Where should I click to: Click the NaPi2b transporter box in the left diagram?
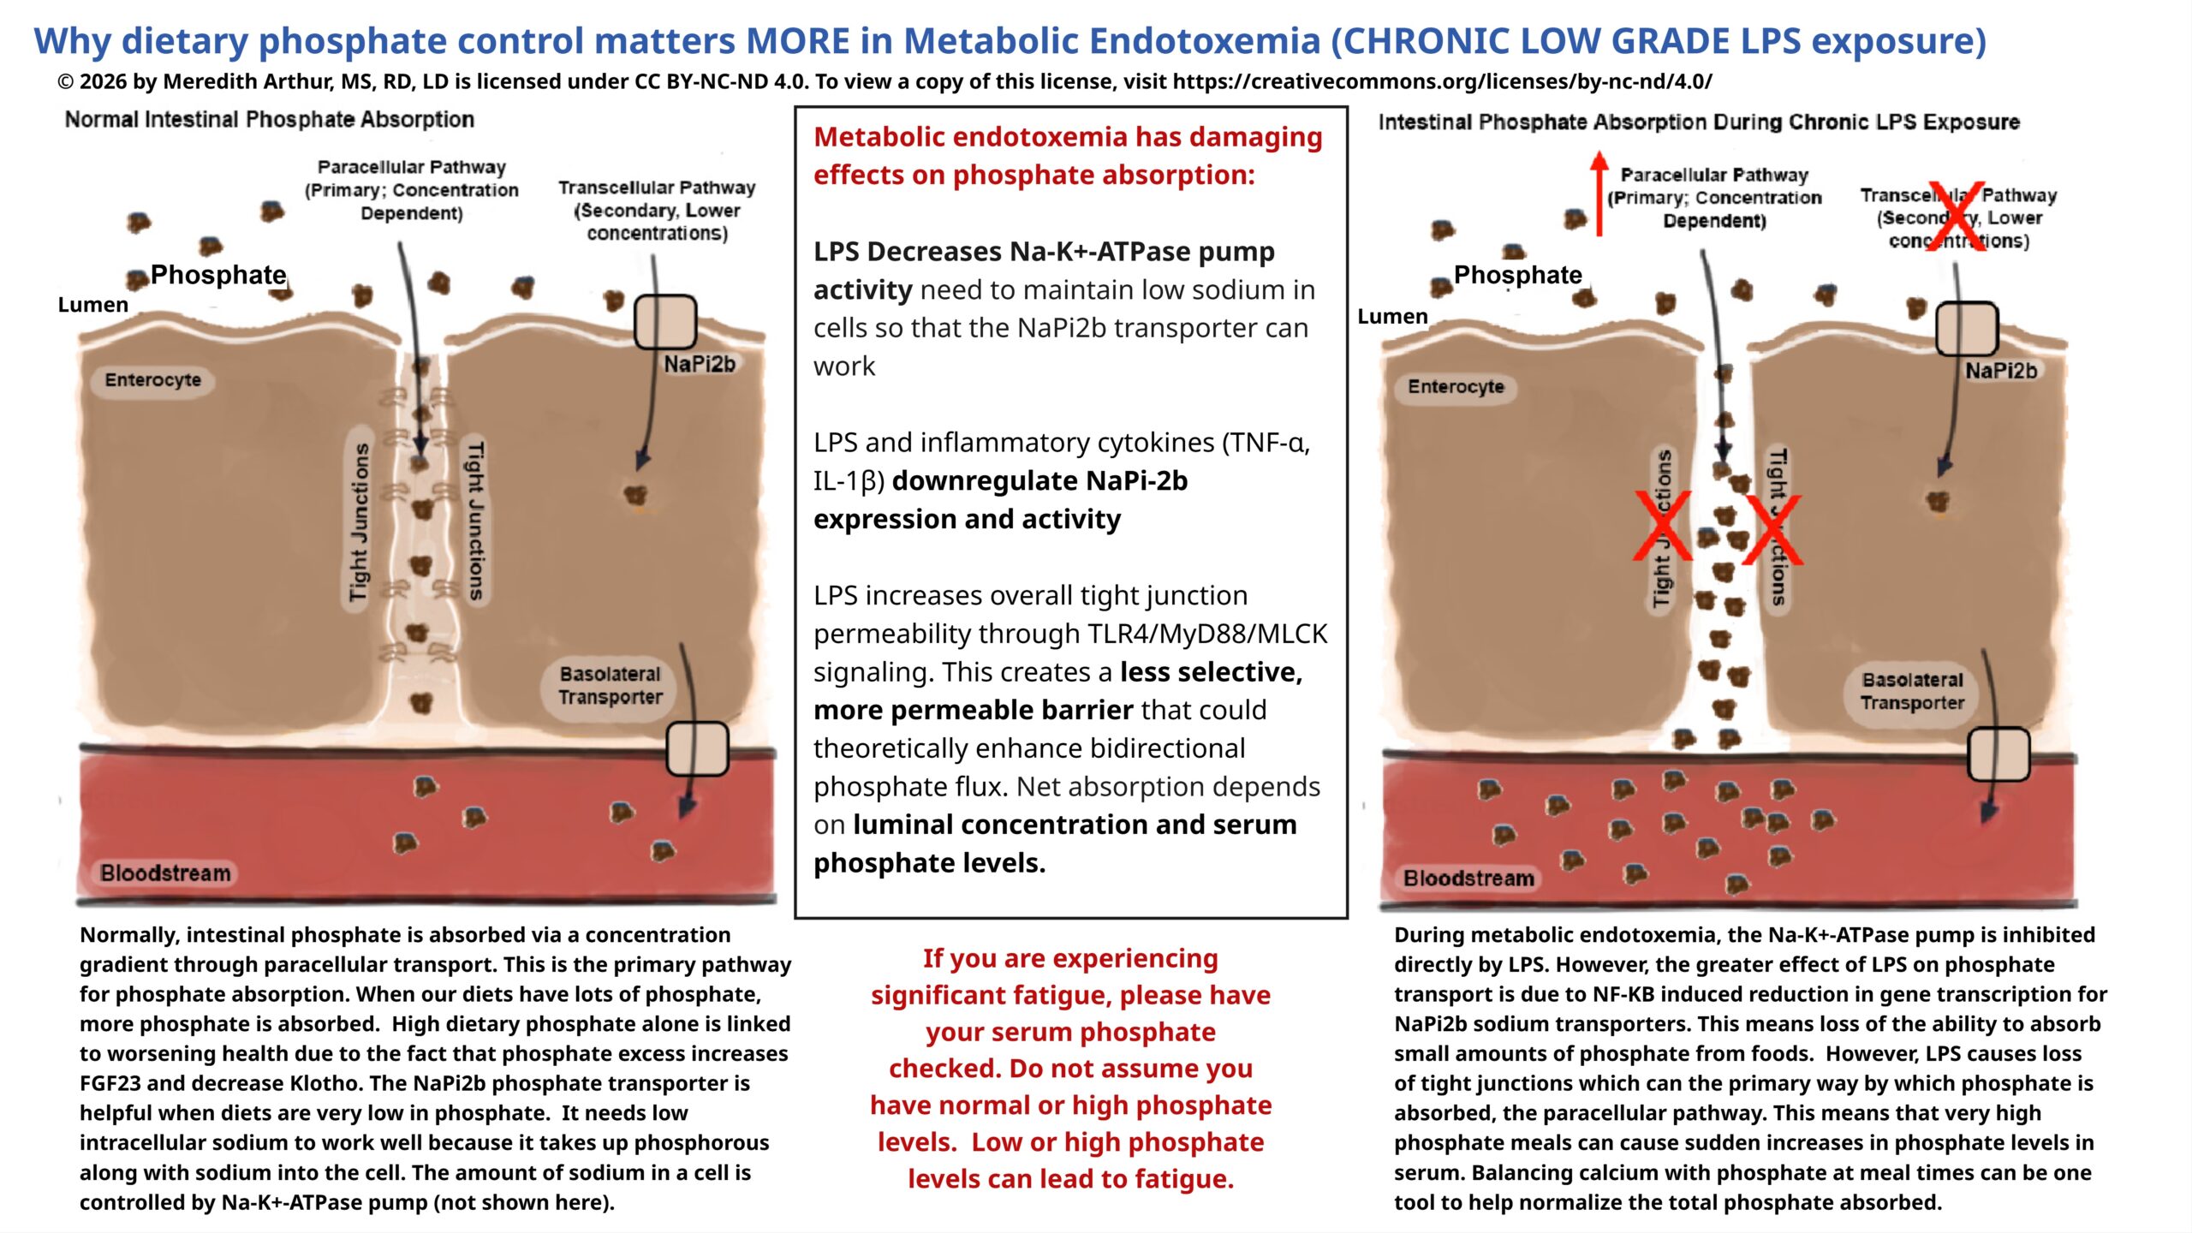(664, 322)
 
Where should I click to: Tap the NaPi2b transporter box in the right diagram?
(1967, 329)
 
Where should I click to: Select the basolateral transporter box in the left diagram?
(697, 748)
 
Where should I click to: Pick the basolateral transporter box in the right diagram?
(1998, 754)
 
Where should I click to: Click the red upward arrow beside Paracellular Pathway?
(1598, 194)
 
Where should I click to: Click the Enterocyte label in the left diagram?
(152, 380)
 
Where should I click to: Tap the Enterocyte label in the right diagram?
(1456, 387)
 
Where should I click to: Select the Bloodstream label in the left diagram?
(165, 873)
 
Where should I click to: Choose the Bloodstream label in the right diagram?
(1468, 879)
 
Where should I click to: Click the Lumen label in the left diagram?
(92, 305)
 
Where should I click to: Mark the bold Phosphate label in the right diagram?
(1517, 275)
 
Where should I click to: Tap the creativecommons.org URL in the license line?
(1442, 82)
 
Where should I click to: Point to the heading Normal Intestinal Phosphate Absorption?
(269, 120)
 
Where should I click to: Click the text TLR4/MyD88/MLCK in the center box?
(1207, 634)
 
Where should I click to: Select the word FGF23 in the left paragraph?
(110, 1083)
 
